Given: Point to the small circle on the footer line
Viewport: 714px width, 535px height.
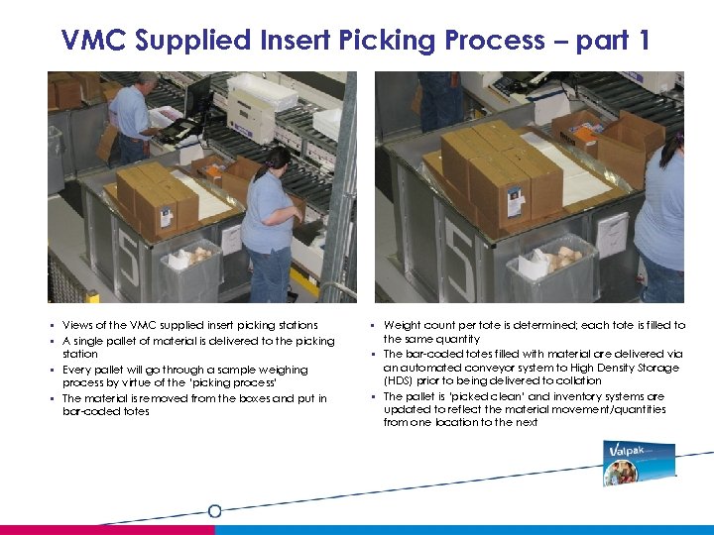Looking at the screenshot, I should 214,511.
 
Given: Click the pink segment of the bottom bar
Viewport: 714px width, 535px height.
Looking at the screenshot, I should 107,530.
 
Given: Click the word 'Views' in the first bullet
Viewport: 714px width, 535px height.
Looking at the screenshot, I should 77,325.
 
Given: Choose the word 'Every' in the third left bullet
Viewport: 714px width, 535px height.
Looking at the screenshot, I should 76,370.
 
